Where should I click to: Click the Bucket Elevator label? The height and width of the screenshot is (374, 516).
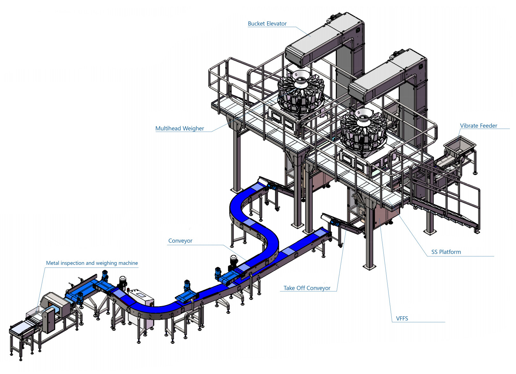267,24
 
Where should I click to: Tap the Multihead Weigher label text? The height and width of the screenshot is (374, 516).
179,128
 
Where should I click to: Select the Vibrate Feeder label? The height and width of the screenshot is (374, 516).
478,126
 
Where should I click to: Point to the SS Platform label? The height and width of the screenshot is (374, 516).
446,252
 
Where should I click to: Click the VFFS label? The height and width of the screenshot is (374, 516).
402,318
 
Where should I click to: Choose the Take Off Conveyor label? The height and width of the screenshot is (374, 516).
307,288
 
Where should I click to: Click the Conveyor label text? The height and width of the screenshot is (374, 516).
180,241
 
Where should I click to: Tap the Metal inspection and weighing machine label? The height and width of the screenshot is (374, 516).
92,263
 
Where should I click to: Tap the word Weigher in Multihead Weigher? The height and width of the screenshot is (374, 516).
193,128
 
